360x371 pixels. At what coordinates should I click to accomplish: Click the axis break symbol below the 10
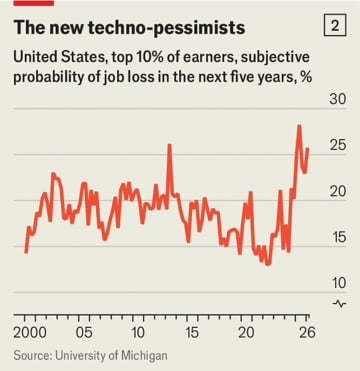point(338,302)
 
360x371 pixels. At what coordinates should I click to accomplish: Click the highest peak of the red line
point(299,126)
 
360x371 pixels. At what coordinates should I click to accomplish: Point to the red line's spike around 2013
point(168,146)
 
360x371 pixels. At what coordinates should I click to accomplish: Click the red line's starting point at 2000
point(26,251)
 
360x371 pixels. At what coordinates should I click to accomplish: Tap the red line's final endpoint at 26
point(308,149)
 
